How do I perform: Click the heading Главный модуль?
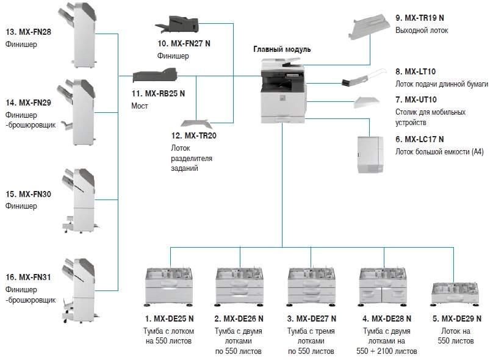(282, 49)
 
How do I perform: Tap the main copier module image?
(282, 92)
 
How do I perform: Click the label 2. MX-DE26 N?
(239, 319)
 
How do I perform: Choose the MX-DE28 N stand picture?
(383, 286)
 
